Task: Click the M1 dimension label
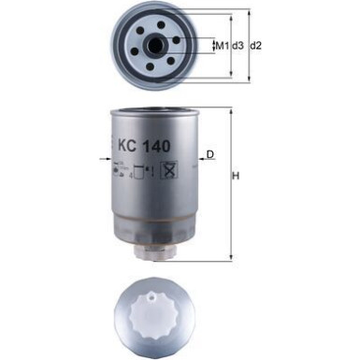[222, 45]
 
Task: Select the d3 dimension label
[238, 45]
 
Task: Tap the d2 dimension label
[256, 45]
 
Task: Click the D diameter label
[210, 153]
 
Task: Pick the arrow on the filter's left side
[104, 162]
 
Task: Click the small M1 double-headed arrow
[211, 44]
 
